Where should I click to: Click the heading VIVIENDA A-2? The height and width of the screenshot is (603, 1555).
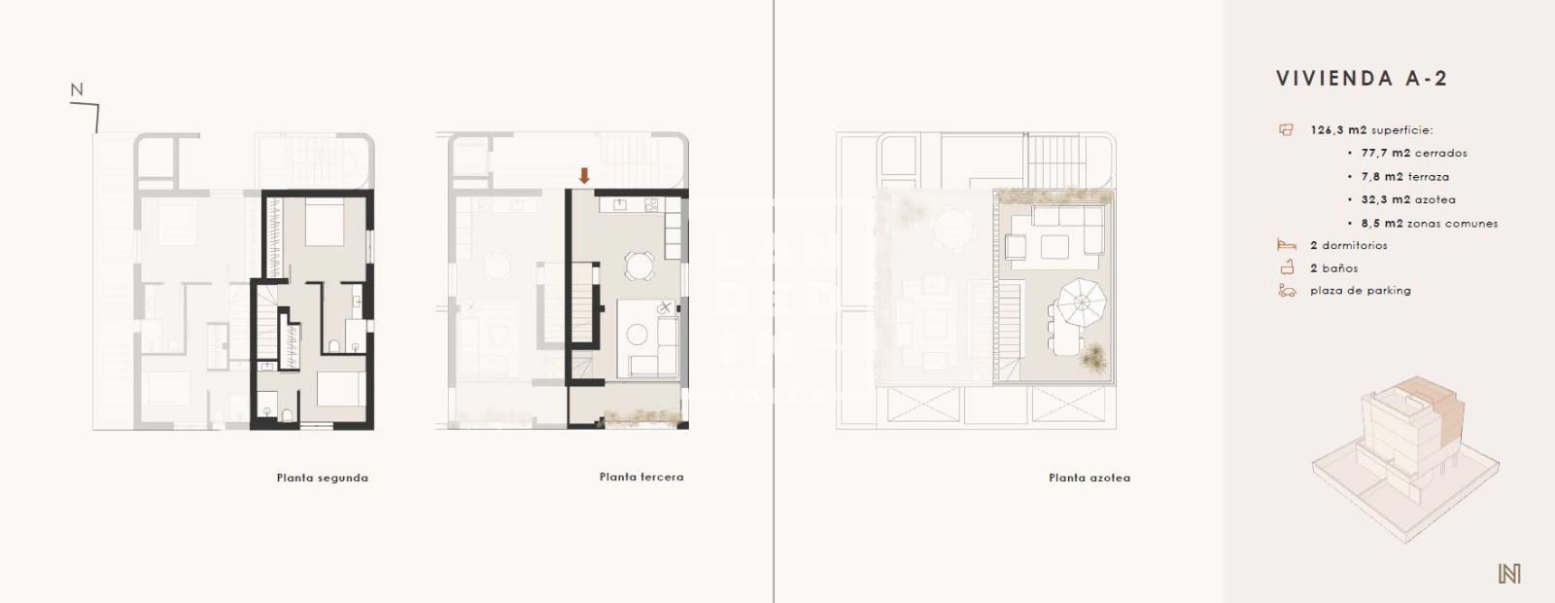click(x=1362, y=79)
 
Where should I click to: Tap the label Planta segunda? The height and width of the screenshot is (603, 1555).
click(x=322, y=478)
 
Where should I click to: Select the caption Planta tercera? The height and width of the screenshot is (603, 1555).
click(x=641, y=477)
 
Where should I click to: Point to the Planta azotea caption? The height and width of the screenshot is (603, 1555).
click(x=1088, y=478)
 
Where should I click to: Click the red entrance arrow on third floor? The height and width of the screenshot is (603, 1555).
click(x=584, y=176)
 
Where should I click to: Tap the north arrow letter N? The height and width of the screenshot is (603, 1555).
click(x=77, y=90)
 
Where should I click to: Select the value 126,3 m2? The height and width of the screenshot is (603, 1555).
click(x=1337, y=130)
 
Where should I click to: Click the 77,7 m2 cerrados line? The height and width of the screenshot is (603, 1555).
click(x=1414, y=154)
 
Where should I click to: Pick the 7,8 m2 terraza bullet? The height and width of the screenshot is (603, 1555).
click(x=1404, y=177)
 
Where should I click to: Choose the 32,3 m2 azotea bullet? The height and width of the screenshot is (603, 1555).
click(x=1408, y=200)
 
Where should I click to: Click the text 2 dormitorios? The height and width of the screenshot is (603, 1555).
click(x=1348, y=246)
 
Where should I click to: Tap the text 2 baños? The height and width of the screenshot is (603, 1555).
click(x=1333, y=268)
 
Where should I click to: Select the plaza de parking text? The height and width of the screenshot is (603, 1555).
click(x=1360, y=291)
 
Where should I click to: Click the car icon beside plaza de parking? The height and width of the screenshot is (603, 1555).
click(x=1287, y=291)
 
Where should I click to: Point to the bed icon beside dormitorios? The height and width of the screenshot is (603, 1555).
click(x=1287, y=246)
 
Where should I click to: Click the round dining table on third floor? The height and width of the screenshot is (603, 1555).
click(x=639, y=266)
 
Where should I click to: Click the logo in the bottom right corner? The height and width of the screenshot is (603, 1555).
click(x=1508, y=574)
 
